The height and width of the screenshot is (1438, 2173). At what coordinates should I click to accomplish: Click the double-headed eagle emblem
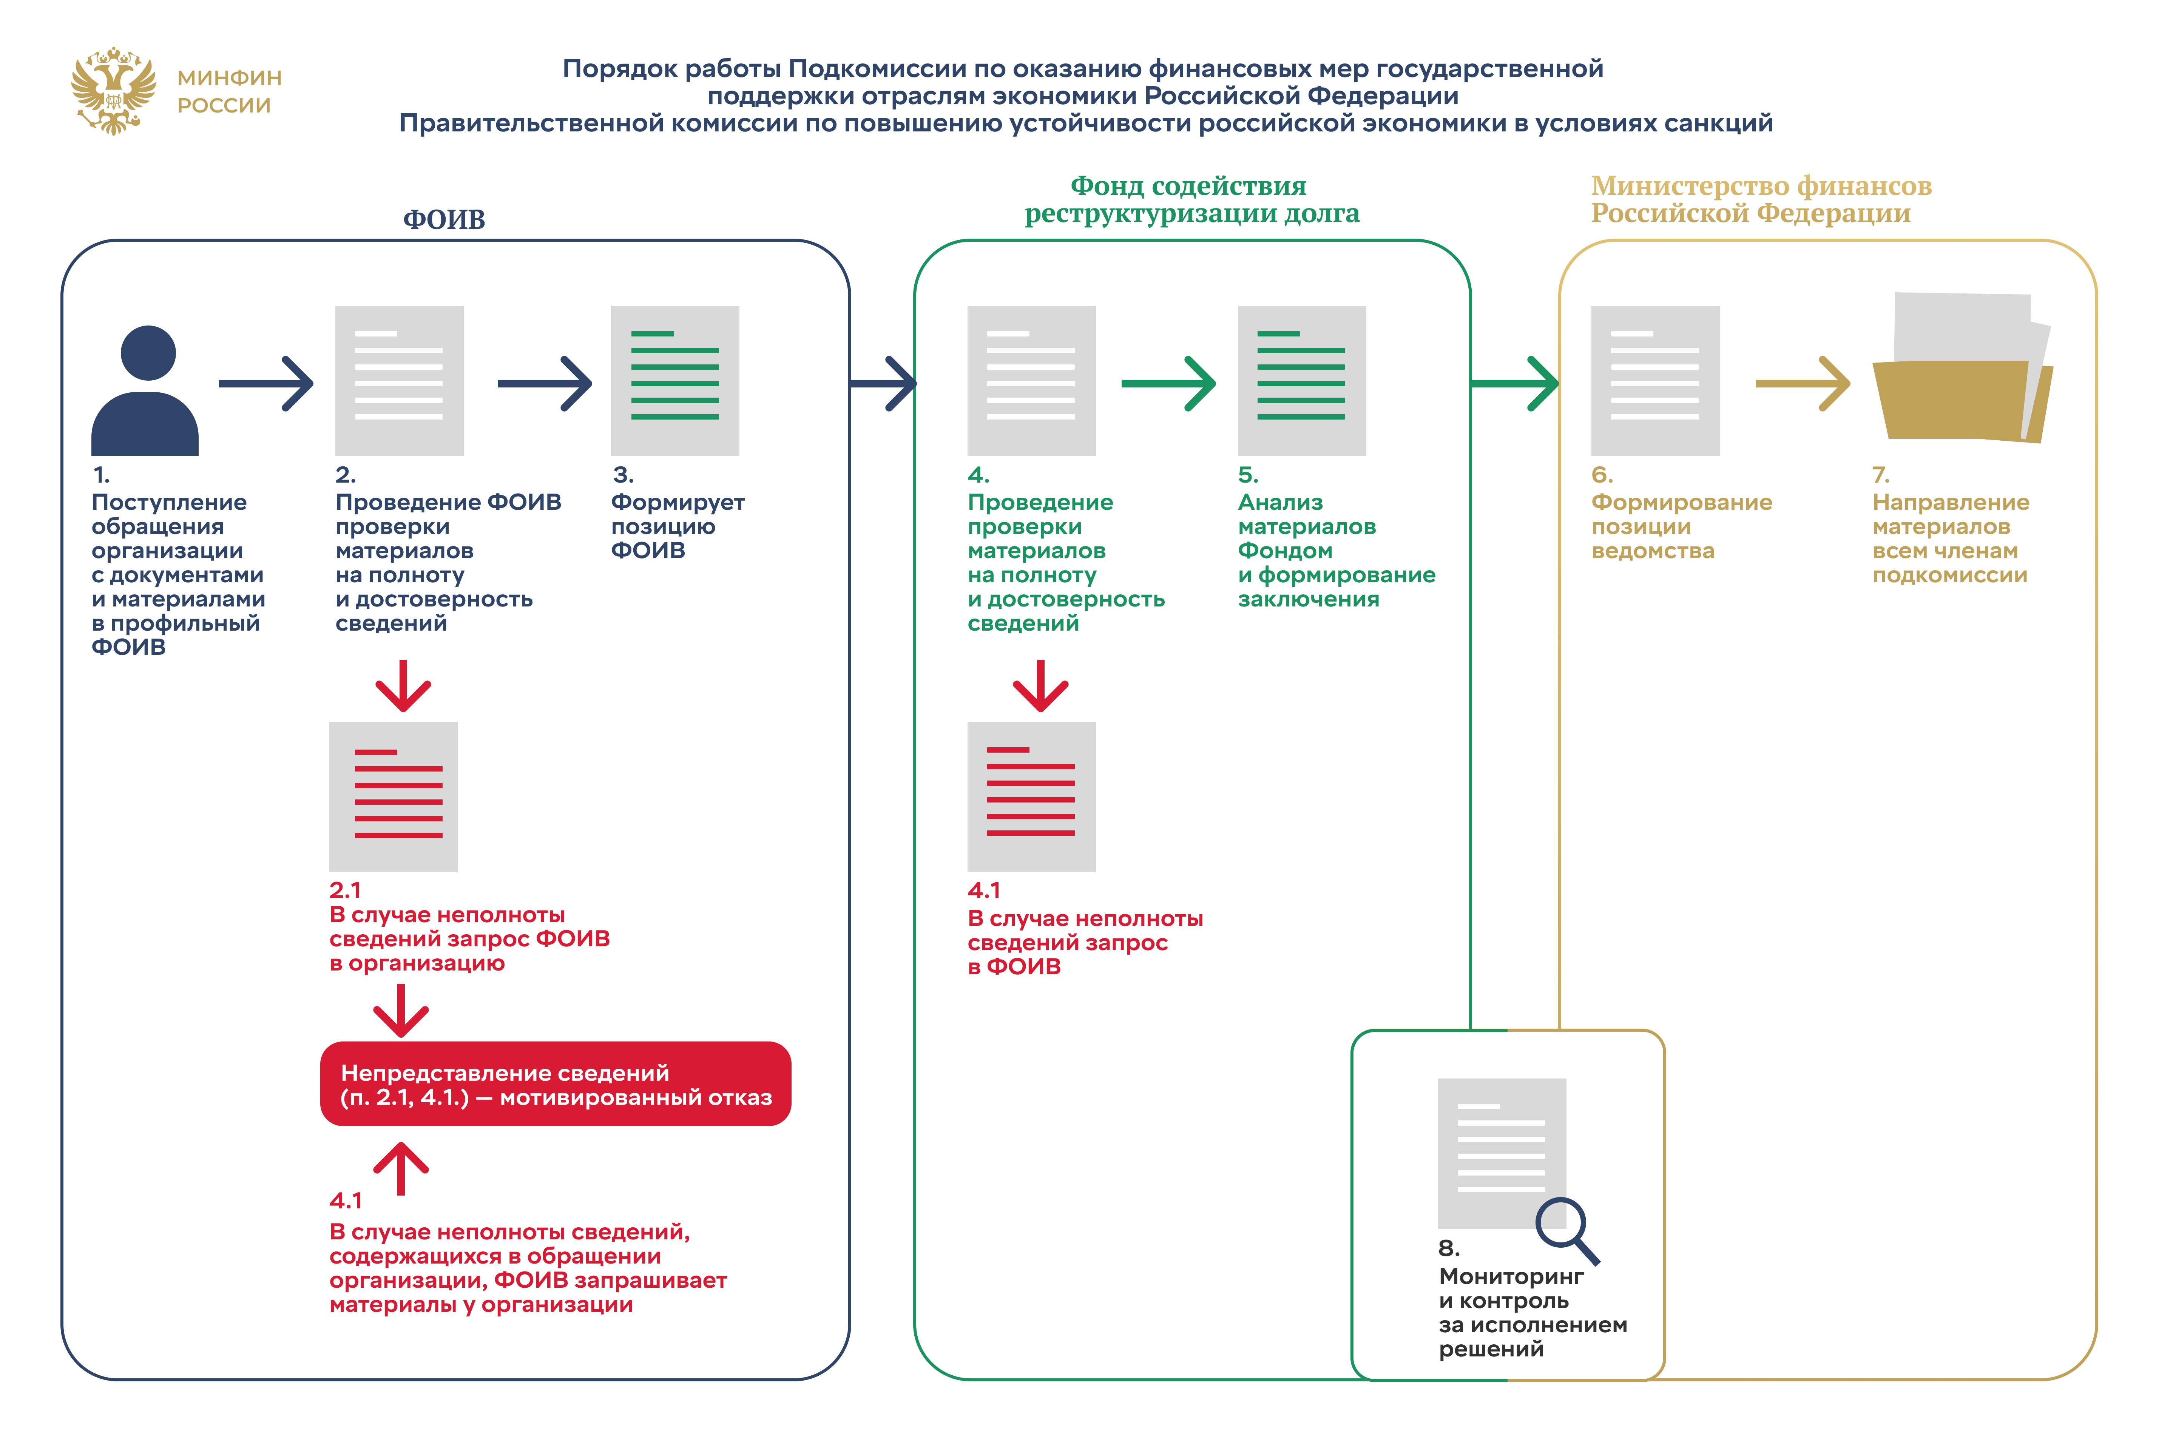(x=113, y=91)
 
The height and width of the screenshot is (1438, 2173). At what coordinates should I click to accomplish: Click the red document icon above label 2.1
(x=394, y=796)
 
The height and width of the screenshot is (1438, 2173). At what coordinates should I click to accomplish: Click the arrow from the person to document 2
(x=266, y=383)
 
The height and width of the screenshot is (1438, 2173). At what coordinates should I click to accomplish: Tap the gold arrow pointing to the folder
(x=1802, y=383)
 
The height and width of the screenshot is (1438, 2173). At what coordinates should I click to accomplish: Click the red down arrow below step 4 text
(x=1040, y=686)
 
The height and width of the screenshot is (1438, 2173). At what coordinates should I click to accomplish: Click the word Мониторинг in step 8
(x=1510, y=1277)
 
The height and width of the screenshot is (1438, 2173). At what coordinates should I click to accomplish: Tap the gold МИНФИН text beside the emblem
(x=229, y=78)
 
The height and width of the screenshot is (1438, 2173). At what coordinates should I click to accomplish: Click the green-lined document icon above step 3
(x=675, y=381)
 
